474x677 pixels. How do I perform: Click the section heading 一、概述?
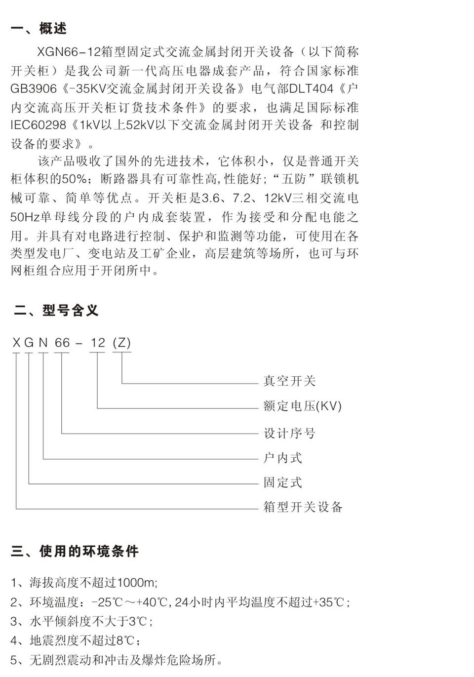[x=39, y=29]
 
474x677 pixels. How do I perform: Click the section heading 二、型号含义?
[x=56, y=311]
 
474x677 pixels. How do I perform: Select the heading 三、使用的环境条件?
[x=75, y=552]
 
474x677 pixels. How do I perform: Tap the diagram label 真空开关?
[x=289, y=381]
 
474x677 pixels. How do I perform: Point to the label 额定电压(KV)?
[x=302, y=406]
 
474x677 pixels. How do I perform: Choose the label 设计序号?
[x=289, y=434]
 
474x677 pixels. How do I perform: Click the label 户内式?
[x=282, y=458]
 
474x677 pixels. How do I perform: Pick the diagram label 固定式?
[x=282, y=482]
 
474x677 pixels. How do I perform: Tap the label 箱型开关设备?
[x=303, y=507]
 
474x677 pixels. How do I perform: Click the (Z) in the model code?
[x=121, y=343]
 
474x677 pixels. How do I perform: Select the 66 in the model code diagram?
[x=62, y=343]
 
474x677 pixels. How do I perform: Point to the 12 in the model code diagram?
[x=98, y=343]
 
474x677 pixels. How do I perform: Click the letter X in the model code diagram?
[x=16, y=343]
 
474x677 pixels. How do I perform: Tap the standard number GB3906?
[x=34, y=88]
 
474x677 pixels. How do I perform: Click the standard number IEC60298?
[x=38, y=125]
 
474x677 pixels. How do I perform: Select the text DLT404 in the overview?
[x=311, y=88]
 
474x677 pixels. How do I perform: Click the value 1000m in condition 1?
[x=135, y=583]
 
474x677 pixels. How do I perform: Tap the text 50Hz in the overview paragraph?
[x=25, y=217]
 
